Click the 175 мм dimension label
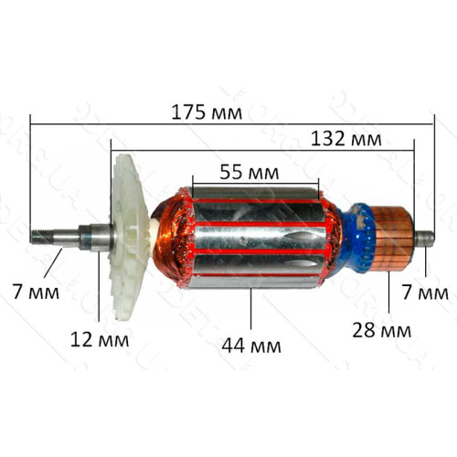point(207,112)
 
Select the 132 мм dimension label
point(346,139)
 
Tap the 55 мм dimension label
point(250,172)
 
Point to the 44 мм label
point(251,345)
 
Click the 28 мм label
point(382,330)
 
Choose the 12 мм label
point(100,340)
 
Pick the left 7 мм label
point(36,292)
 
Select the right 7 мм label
point(425,292)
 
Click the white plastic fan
point(128,237)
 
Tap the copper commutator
point(392,238)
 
